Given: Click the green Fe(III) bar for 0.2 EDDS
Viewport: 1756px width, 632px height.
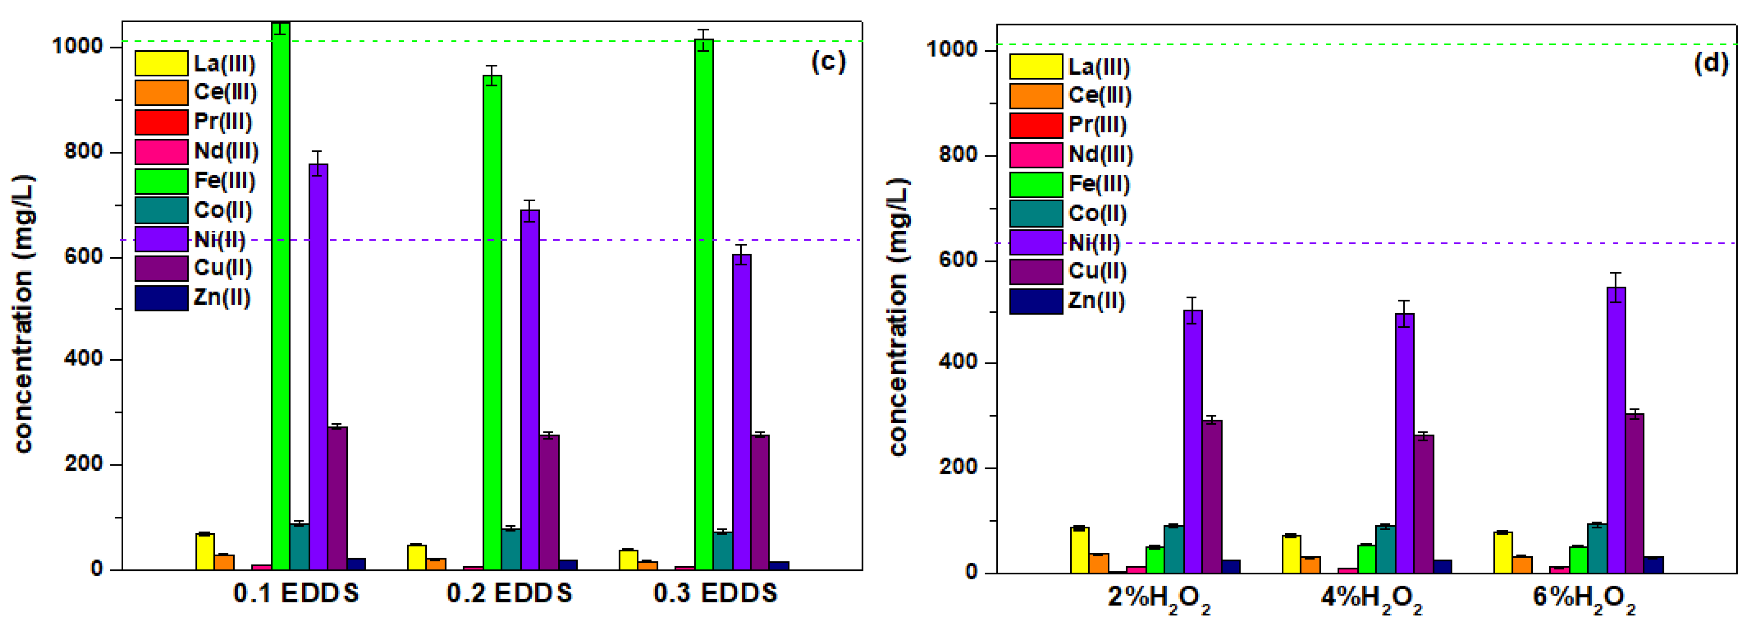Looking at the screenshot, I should point(492,320).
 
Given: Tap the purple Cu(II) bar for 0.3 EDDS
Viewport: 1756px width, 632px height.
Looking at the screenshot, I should point(760,502).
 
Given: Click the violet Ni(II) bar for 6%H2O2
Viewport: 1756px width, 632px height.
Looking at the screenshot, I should point(1615,429).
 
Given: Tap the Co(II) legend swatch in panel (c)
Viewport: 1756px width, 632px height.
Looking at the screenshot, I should point(161,210).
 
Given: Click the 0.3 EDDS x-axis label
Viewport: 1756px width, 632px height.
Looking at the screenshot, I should point(715,593).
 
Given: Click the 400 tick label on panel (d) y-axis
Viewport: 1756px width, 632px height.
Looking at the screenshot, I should point(958,362).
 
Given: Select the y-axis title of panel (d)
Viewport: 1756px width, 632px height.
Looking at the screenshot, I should point(899,317).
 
